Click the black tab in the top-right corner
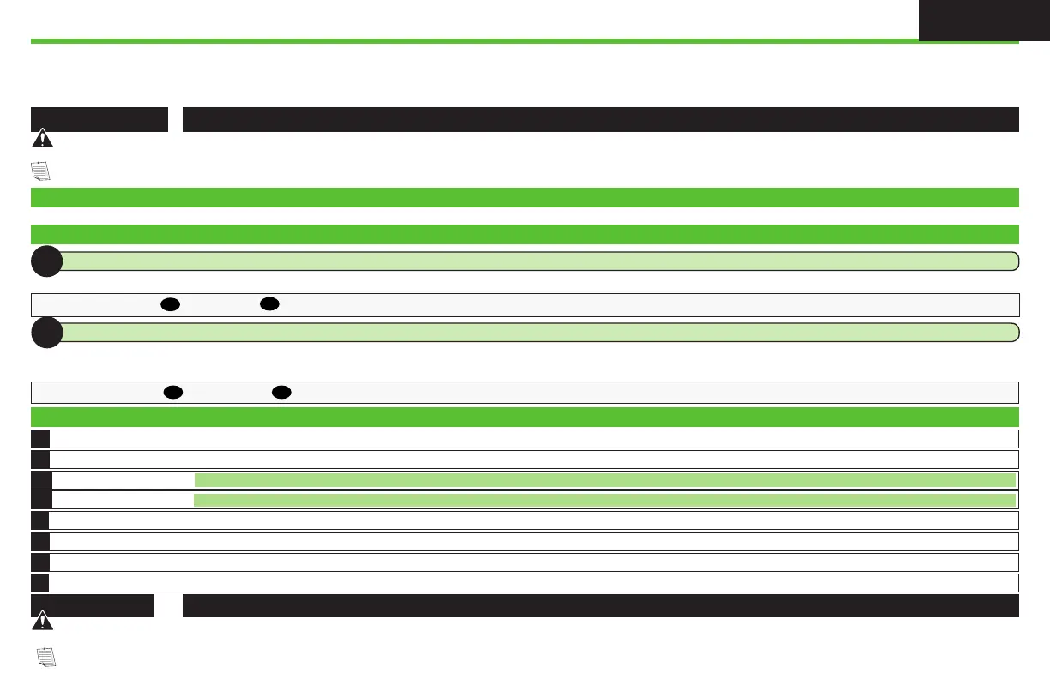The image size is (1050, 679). (983, 21)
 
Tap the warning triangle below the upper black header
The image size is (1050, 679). (41, 141)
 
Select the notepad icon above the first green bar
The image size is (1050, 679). (41, 171)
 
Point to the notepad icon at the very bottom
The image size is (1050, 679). (47, 658)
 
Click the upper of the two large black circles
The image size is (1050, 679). (46, 261)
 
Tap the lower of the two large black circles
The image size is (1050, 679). (46, 333)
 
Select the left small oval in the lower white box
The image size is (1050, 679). (172, 393)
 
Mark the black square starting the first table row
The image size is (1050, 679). (40, 438)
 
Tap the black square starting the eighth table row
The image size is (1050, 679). (40, 583)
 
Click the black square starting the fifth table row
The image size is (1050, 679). (40, 520)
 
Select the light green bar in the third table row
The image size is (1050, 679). (605, 480)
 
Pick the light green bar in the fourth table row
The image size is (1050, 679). (605, 500)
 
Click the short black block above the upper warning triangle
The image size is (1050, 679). (100, 119)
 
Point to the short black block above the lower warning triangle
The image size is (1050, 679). (93, 605)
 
